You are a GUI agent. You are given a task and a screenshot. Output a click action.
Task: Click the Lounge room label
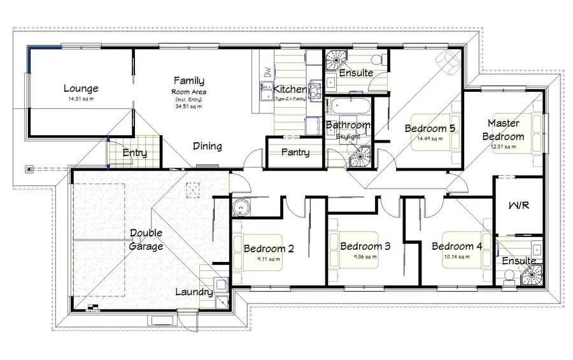(80, 89)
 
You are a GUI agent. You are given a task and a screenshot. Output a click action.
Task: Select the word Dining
(208, 147)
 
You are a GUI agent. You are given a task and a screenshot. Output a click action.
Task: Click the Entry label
(134, 153)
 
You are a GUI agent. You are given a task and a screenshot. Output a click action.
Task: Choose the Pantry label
(295, 152)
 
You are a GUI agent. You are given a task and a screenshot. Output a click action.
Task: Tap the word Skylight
(348, 137)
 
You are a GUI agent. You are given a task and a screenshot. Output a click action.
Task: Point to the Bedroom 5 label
(430, 128)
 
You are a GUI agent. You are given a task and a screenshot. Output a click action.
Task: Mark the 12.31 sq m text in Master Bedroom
(502, 147)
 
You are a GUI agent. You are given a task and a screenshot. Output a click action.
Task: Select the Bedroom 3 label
(365, 247)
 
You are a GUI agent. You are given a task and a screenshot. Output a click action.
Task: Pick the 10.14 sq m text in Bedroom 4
(456, 257)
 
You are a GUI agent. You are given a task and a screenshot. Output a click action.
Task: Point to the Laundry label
(194, 292)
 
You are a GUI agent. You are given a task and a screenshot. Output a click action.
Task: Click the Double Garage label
(146, 240)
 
